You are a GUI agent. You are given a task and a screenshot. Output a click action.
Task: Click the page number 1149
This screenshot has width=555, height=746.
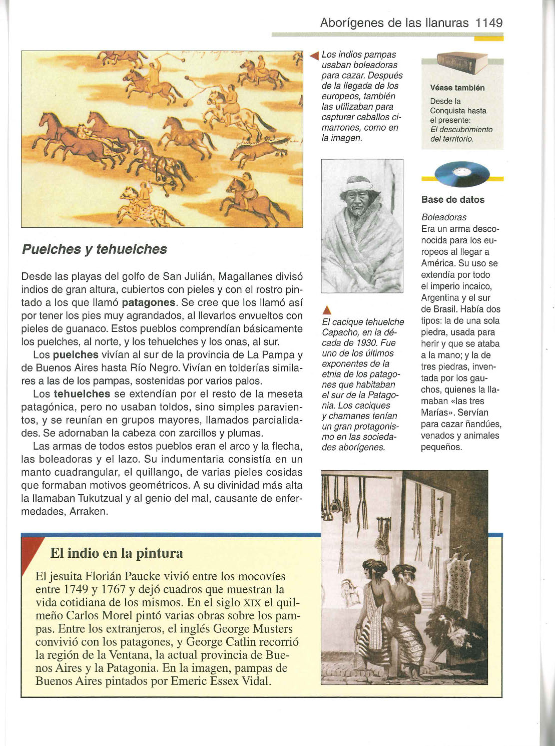point(489,23)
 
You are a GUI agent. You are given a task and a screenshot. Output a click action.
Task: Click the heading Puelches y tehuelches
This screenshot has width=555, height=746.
point(95,249)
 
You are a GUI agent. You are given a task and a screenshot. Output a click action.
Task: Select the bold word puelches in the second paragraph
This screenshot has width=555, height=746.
point(76,355)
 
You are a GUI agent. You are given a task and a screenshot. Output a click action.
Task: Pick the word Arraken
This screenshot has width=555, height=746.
point(89,512)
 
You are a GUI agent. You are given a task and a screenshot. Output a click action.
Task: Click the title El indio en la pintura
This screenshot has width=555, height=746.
point(117,553)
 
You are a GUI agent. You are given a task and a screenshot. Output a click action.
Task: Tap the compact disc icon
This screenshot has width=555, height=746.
point(462,174)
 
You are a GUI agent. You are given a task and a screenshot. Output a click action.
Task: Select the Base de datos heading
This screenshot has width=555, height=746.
point(453,200)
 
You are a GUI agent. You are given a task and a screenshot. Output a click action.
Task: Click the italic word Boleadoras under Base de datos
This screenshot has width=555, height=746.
point(444,217)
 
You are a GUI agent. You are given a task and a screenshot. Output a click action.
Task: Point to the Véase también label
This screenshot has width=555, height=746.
point(457,88)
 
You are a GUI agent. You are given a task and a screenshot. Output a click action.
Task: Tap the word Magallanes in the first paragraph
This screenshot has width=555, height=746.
point(246,276)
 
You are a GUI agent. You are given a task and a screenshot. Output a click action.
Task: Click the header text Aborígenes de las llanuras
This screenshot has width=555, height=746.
point(394,23)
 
